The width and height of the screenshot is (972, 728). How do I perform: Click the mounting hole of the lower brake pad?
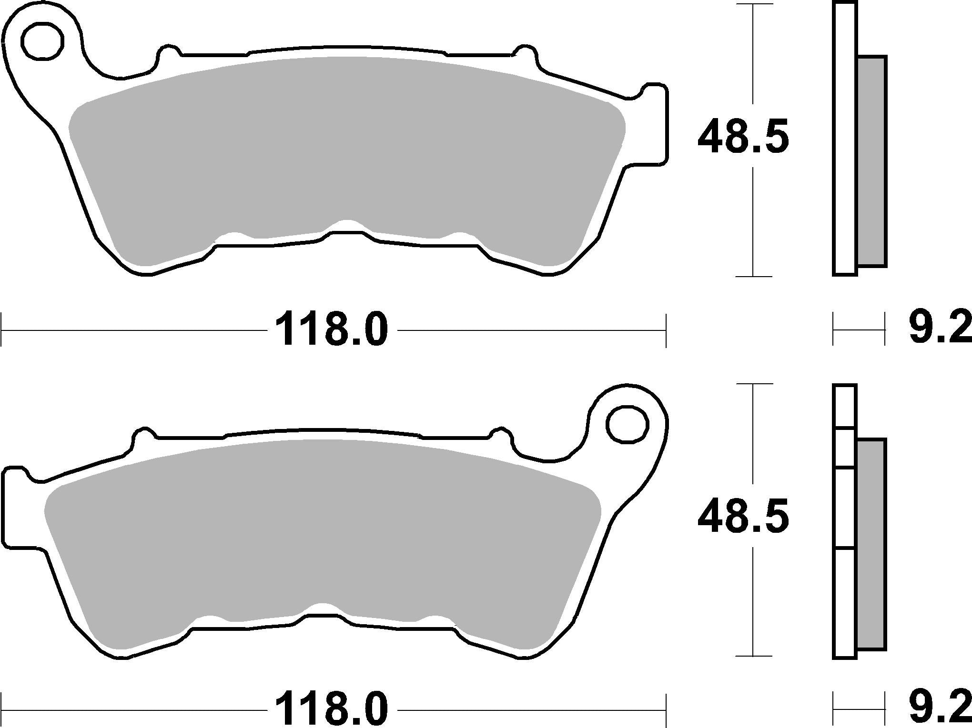627,423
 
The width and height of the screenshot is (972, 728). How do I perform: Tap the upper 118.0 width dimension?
332,329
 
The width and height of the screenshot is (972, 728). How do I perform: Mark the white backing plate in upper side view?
845,138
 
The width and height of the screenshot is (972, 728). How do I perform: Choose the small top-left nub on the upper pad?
168,53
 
